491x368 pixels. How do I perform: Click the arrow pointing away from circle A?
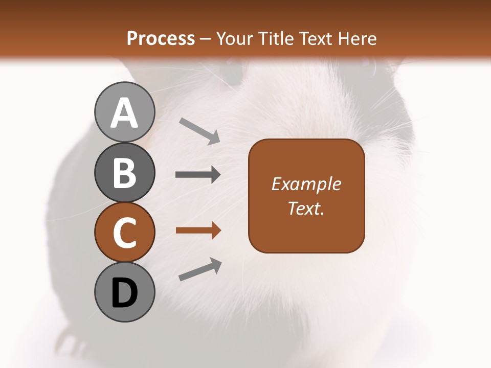tap(199, 130)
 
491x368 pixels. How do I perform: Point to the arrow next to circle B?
tap(198, 175)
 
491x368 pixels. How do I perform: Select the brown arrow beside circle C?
tap(198, 231)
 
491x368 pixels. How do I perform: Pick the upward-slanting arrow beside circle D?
tap(200, 269)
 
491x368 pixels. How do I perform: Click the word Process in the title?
tap(161, 39)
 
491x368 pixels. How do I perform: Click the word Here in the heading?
tap(358, 39)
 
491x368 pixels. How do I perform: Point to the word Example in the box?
tap(306, 184)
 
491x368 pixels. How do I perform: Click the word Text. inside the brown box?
tap(306, 208)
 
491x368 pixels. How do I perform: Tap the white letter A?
tap(124, 113)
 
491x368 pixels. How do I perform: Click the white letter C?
tap(124, 233)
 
